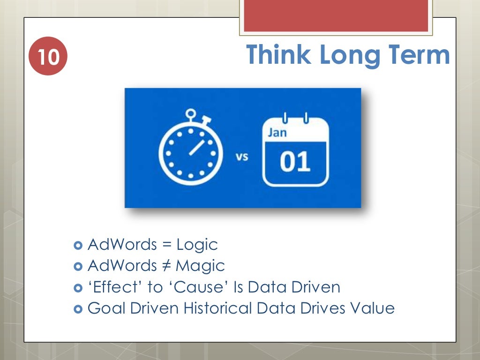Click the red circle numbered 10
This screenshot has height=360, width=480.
[x=48, y=57]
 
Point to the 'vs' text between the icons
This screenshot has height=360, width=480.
[x=241, y=157]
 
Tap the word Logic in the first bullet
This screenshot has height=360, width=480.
[x=197, y=245]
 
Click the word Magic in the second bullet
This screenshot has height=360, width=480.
[x=201, y=266]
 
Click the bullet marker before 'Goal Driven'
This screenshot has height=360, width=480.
[x=78, y=309]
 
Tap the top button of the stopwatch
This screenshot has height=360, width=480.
[x=190, y=113]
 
